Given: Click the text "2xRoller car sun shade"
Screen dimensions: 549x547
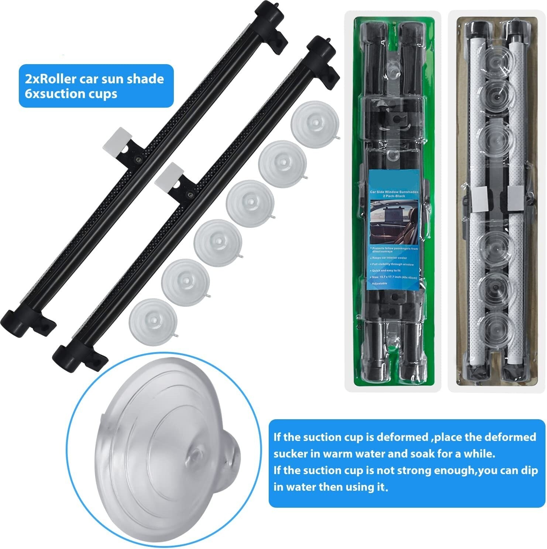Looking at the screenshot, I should click(x=94, y=79).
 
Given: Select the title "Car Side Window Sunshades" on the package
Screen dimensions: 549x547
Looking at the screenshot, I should click(x=393, y=192).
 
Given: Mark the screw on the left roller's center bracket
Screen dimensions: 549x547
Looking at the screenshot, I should click(x=138, y=159).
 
